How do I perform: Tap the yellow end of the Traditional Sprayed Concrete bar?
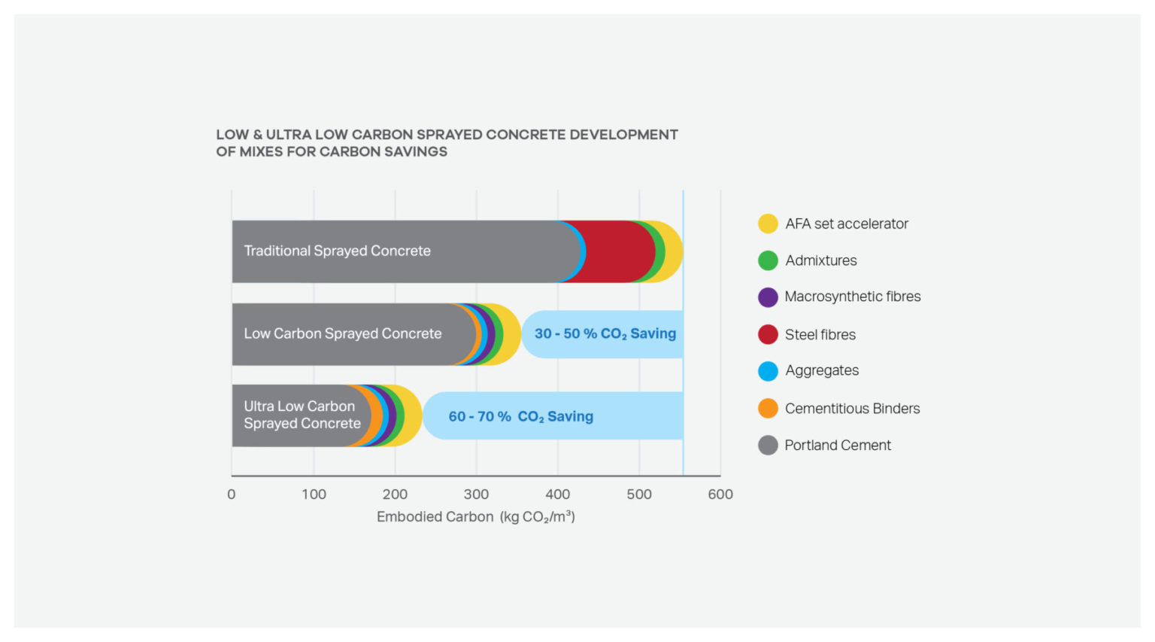point(674,251)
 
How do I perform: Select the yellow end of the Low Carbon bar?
point(512,334)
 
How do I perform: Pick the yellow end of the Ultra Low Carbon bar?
point(413,415)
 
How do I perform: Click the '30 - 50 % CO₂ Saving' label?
point(605,333)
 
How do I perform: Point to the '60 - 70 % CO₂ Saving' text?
point(520,416)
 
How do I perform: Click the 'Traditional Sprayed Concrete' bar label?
point(337,251)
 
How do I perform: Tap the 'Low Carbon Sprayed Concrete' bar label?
point(342,333)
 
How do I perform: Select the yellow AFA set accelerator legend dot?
point(768,224)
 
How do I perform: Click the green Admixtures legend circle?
point(768,260)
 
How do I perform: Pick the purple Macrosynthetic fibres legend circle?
point(768,297)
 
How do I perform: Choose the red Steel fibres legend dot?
point(768,334)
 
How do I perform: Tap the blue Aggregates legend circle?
point(768,371)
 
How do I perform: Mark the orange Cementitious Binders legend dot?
point(768,408)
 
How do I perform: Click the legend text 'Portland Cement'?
point(838,445)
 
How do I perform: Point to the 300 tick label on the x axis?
point(476,494)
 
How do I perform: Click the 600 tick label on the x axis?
point(720,494)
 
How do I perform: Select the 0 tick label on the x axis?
point(232,494)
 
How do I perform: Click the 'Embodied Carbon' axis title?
point(435,517)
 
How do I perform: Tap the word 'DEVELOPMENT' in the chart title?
point(623,135)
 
